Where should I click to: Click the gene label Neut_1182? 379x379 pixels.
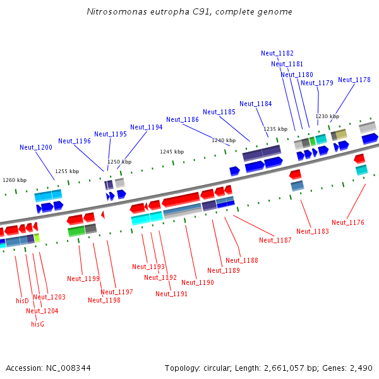point(277,53)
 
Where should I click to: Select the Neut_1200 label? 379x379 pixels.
point(36,147)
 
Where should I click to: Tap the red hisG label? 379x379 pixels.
point(37,324)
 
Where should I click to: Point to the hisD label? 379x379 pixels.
point(22,301)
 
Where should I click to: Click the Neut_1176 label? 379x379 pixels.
point(348,222)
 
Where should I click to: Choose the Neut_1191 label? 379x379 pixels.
point(171,294)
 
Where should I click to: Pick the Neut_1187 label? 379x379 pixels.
point(275,240)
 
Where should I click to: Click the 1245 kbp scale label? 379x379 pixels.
point(172,152)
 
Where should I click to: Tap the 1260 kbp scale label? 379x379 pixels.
point(15,180)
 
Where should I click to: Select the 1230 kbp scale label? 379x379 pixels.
point(327,116)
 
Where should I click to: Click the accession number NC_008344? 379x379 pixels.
point(68,368)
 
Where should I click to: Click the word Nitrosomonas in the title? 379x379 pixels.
point(117,11)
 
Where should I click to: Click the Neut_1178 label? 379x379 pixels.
point(354,80)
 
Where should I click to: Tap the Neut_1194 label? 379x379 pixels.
point(147,127)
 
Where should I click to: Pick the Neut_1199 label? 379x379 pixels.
point(83,279)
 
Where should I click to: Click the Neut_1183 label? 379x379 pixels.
point(313,231)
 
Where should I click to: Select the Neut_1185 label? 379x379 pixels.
point(219,112)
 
